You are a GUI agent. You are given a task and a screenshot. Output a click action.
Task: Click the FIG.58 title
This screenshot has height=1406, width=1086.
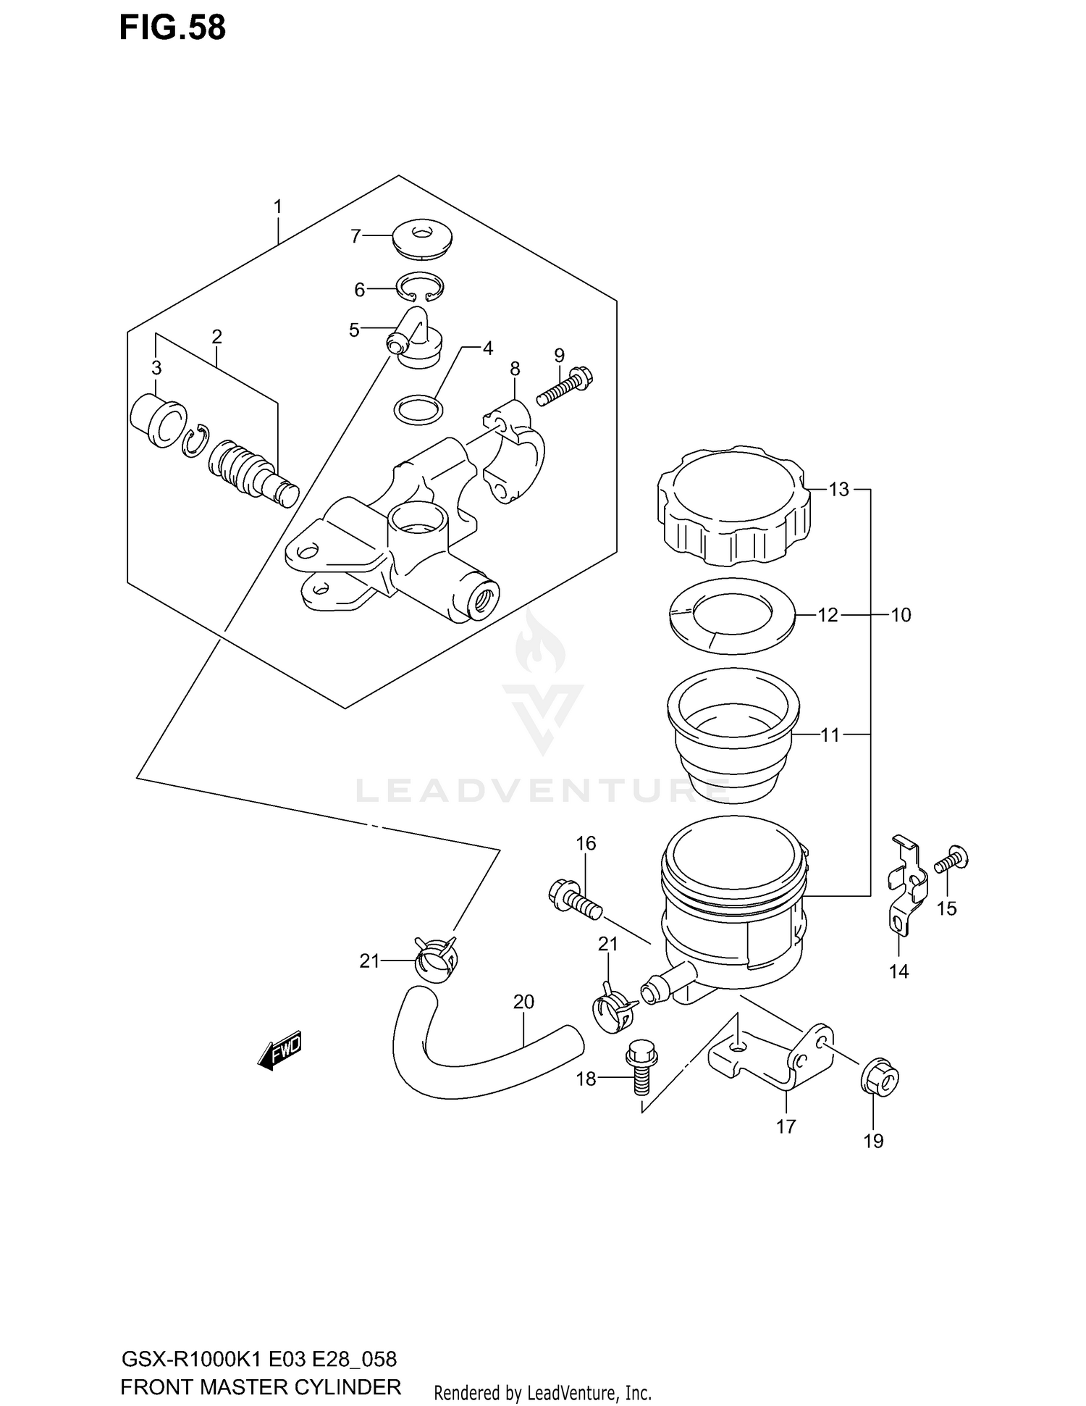point(172,28)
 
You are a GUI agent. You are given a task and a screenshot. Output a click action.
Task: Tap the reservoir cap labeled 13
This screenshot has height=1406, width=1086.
point(733,506)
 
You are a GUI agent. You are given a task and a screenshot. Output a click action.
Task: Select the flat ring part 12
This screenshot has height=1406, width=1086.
point(733,615)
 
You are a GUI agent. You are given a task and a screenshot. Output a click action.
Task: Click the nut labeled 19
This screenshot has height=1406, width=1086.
point(880,1081)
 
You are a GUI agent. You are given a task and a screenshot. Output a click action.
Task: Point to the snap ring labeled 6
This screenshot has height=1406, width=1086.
point(420,288)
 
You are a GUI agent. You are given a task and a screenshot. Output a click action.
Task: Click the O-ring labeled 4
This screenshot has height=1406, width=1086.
point(418,411)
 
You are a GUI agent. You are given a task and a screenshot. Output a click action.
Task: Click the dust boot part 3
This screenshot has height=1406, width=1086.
point(159,420)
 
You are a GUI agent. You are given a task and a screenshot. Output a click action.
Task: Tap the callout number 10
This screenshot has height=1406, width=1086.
point(900,615)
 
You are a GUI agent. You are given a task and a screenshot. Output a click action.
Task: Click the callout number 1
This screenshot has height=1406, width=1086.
point(277,207)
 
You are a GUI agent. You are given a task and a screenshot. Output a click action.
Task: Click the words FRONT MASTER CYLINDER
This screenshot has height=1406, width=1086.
point(260,1387)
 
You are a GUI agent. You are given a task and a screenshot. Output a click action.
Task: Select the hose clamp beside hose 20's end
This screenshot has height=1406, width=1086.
point(437,960)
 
